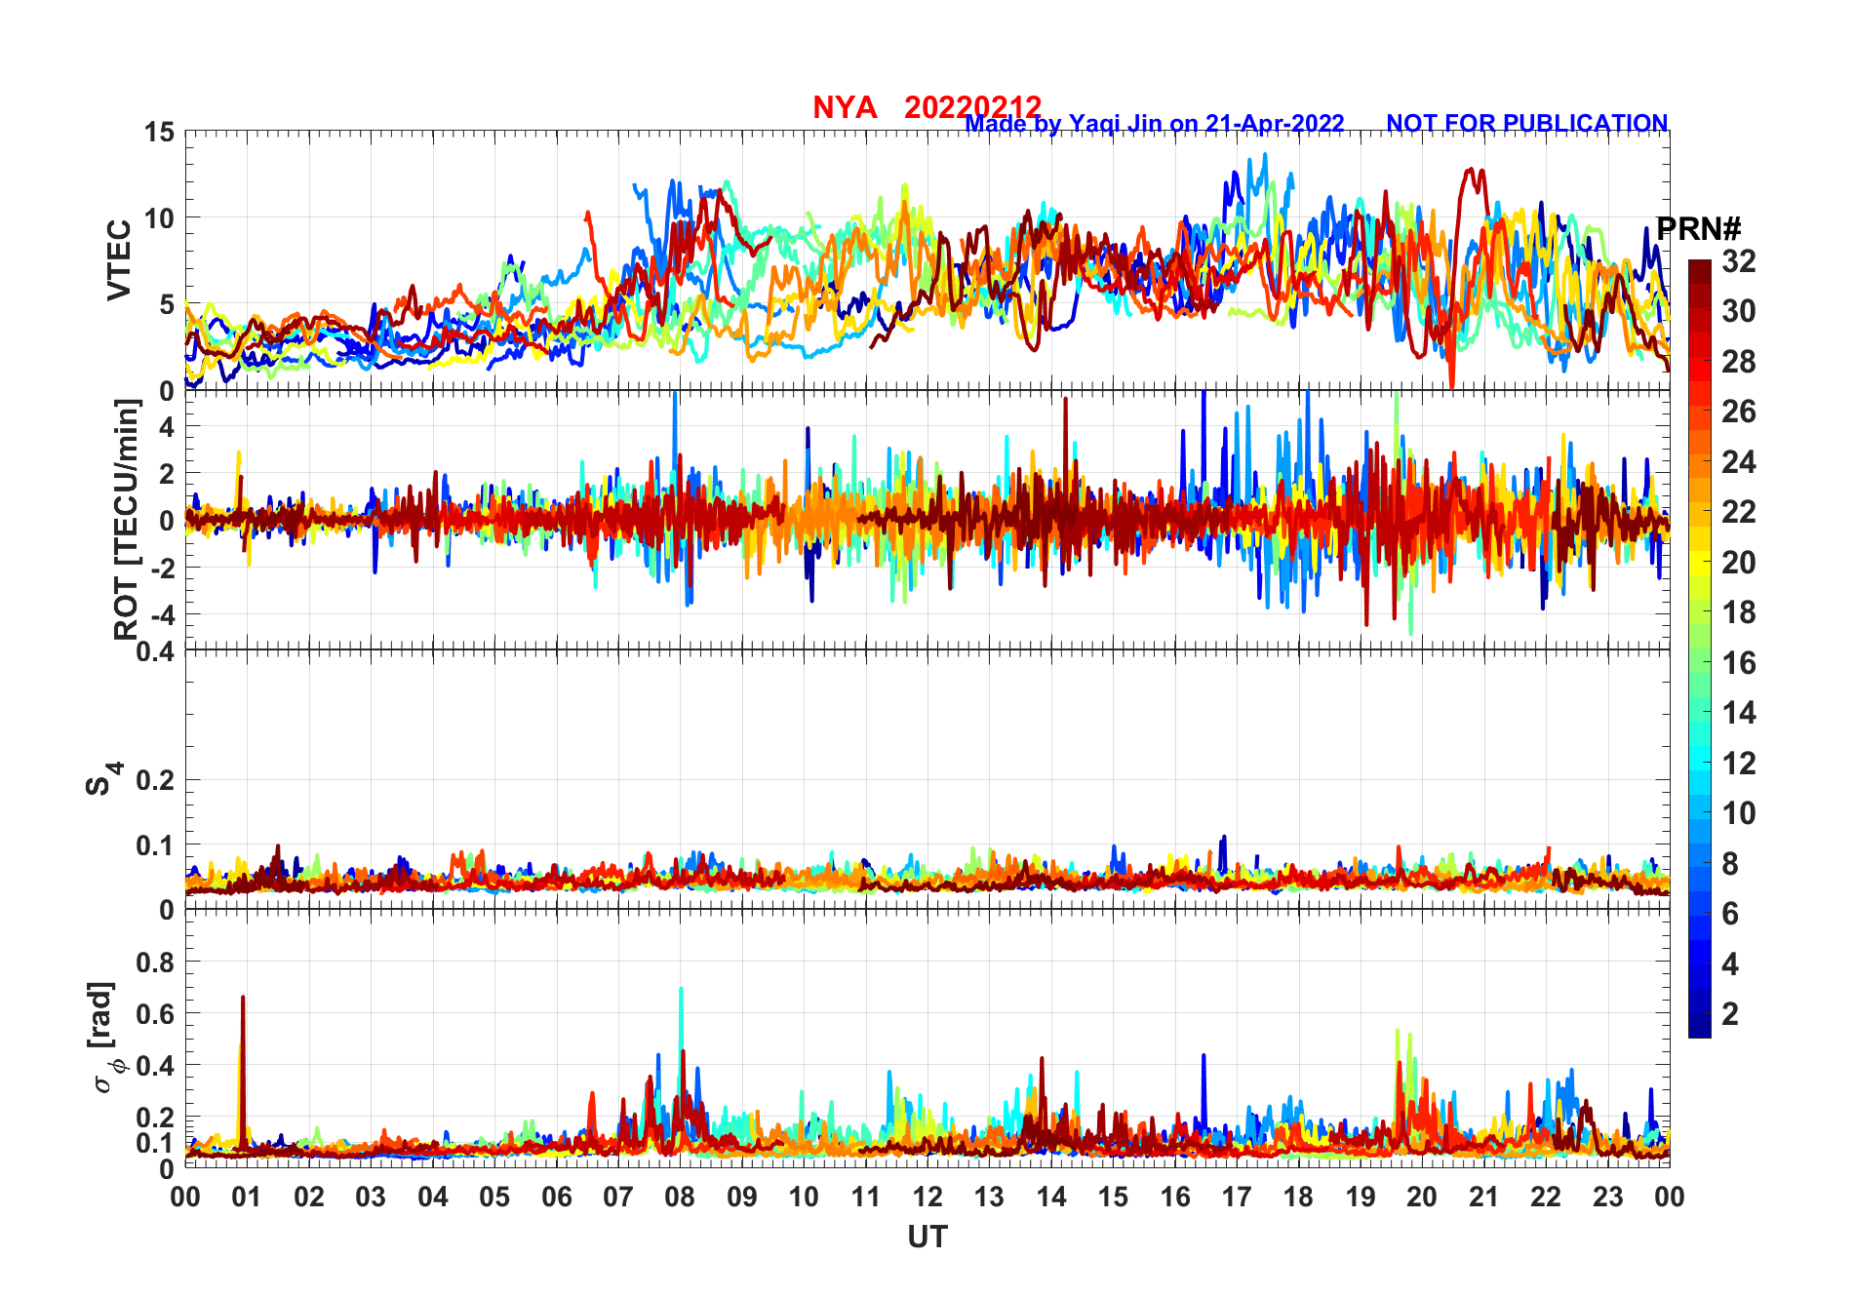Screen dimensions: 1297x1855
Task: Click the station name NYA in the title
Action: (845, 107)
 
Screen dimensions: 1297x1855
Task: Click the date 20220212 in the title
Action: (972, 107)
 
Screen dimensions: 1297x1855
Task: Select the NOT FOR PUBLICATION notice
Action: (1526, 124)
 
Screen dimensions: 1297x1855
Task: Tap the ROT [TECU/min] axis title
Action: (127, 519)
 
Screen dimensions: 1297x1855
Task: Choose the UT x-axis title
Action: (927, 1237)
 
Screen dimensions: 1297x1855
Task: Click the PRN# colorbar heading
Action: (1698, 230)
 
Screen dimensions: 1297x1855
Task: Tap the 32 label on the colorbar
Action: (1738, 261)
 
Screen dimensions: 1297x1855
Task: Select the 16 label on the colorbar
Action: (1738, 663)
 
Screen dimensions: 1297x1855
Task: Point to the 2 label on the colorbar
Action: (1729, 1014)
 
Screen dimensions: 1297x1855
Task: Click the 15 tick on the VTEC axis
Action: (160, 132)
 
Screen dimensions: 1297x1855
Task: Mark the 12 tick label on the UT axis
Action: (927, 1197)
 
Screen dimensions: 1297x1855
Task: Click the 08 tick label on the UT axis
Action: (680, 1197)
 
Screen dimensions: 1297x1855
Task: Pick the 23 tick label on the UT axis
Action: (1607, 1197)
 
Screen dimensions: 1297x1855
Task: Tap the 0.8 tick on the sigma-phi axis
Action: (156, 962)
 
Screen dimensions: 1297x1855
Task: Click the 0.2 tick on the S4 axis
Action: (156, 780)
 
